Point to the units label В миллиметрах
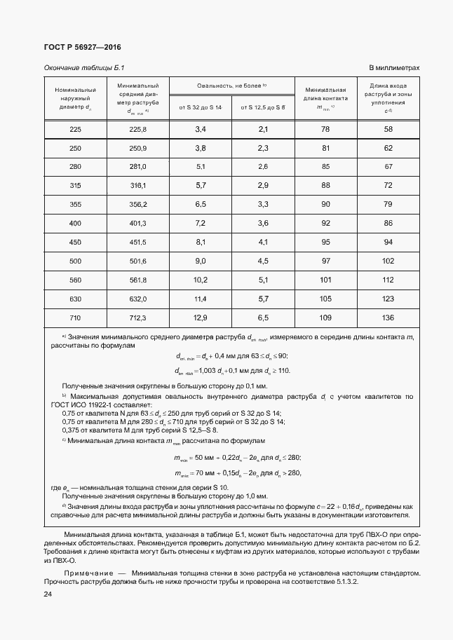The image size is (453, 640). click(394, 68)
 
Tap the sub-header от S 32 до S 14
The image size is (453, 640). click(200, 107)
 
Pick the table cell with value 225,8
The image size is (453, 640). click(137, 130)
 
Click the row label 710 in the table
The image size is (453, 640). click(76, 318)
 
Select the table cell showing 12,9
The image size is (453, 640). click(200, 318)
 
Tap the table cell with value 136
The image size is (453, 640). click(388, 318)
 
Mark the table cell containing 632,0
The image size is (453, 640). click(137, 299)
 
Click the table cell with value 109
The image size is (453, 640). click(325, 318)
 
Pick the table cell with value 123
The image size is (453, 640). click(388, 299)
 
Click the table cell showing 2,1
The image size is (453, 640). click(263, 130)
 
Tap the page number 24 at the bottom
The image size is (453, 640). click(48, 594)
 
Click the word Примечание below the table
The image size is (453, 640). click(86, 573)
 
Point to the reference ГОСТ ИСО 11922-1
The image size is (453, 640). click(97, 405)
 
